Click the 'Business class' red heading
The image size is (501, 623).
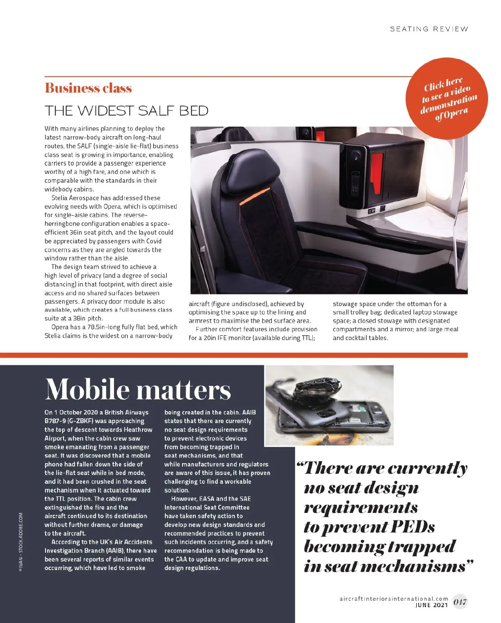(88, 88)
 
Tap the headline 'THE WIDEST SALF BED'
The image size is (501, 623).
(127, 111)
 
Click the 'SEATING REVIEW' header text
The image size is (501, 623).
(429, 29)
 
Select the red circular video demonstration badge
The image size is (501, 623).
(447, 98)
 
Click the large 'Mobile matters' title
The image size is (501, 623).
(138, 389)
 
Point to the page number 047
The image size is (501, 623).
(460, 602)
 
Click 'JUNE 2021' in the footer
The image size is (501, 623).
(432, 605)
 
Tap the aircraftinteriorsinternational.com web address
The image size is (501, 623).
(394, 599)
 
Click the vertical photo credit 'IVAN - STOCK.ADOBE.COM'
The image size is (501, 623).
(21, 542)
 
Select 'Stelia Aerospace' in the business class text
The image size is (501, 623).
(75, 198)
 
